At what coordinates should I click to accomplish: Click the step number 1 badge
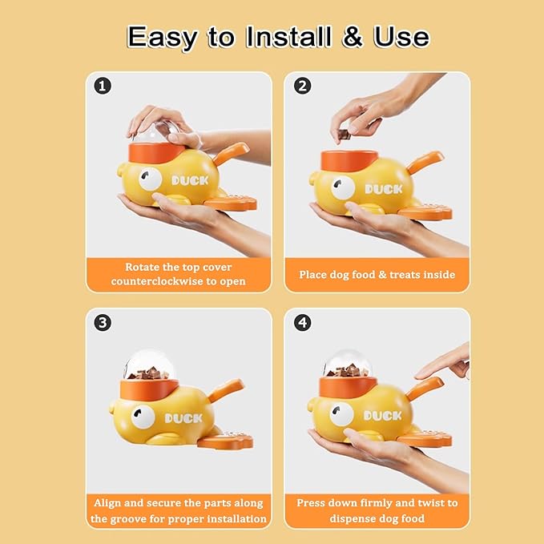[103, 86]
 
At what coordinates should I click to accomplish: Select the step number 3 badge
[103, 323]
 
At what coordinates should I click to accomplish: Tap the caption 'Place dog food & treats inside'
[377, 275]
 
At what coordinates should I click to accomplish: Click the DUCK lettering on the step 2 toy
[383, 189]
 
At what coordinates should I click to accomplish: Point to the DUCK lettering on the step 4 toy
[381, 416]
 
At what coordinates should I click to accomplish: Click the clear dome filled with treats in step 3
[148, 365]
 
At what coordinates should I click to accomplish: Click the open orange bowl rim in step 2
[349, 155]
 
